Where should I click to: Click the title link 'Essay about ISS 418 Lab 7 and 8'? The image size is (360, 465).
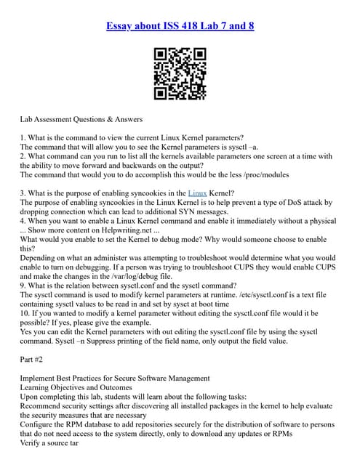pos(180,27)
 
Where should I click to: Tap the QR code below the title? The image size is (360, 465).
pos(180,73)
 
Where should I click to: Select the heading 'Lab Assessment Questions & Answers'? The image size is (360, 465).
pos(81,118)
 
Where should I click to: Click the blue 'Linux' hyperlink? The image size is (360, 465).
pos(197,192)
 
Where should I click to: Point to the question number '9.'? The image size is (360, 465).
pos(24,286)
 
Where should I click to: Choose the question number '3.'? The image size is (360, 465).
pos(24,192)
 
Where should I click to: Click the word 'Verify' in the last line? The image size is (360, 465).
pos(32,443)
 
